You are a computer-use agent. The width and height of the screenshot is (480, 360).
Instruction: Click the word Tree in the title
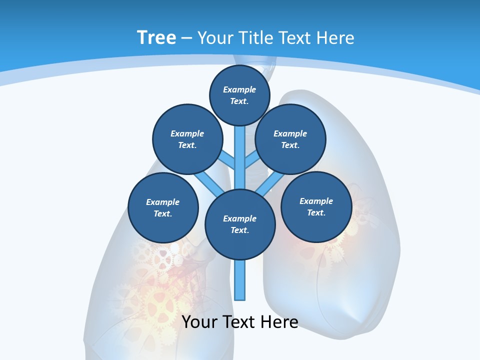(x=156, y=37)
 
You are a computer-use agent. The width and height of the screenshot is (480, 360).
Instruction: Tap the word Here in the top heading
(x=334, y=37)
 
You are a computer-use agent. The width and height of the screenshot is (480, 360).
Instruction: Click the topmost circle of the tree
(x=239, y=95)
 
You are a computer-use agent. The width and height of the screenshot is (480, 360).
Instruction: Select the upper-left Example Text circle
(x=187, y=139)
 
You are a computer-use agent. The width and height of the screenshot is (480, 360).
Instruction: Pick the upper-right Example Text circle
(x=290, y=139)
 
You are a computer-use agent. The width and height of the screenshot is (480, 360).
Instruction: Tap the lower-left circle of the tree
(x=163, y=208)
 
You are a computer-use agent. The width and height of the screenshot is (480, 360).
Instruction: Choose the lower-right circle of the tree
(x=316, y=207)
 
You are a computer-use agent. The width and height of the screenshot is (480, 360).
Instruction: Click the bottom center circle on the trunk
(x=240, y=224)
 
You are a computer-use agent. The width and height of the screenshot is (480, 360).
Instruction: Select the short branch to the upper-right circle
(x=251, y=160)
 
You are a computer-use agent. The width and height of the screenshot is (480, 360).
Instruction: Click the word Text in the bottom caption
(x=239, y=322)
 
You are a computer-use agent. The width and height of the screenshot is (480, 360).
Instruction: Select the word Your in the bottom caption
(x=199, y=322)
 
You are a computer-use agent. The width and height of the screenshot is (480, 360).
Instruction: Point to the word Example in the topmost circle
(x=239, y=89)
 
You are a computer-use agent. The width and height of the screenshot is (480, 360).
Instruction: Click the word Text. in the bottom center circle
(x=239, y=230)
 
